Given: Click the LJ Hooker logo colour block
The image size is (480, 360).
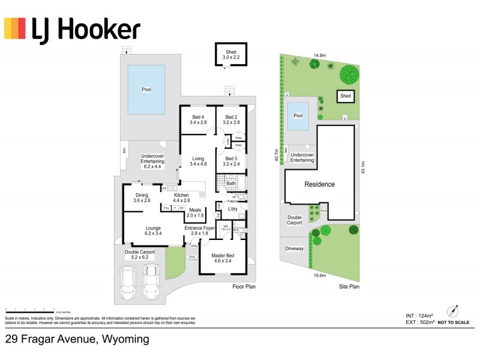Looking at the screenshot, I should tap(15, 28).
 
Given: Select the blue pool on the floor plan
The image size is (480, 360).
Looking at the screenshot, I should tap(146, 89).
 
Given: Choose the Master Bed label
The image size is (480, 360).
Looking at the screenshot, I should tap(223, 257).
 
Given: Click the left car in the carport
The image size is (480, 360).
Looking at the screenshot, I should tap(128, 282).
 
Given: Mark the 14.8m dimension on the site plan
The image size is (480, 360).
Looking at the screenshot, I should tap(320, 55).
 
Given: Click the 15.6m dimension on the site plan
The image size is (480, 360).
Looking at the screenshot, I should tap(320, 275).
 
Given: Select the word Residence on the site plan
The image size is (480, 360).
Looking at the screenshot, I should tap(319, 184).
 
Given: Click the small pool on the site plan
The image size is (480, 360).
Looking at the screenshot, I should tap(298, 119).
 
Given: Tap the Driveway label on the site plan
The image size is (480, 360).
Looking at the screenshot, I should tap(294, 248).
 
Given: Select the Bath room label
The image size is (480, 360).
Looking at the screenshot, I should tap(231, 184).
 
